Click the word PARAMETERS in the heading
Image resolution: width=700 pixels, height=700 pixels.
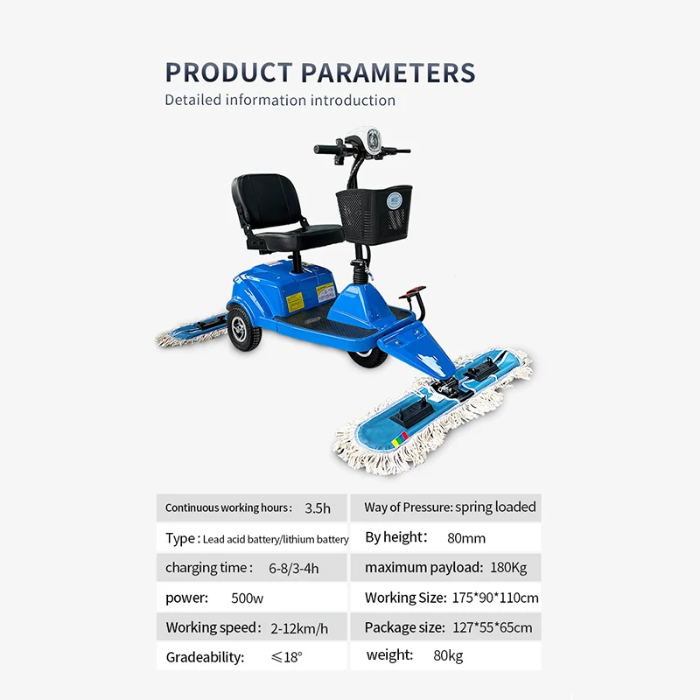coord(388,73)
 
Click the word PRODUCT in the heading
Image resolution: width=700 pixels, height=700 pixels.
coord(228,73)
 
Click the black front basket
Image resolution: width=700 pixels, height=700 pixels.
coord(374,214)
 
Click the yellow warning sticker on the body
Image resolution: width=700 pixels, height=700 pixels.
coord(295,301)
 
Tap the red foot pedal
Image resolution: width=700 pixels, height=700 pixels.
coord(412,292)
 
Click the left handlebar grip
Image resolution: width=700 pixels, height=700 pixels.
coord(325,149)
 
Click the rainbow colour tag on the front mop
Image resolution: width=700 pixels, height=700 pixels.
coord(400,439)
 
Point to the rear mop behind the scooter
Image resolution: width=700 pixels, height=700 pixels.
coord(192,332)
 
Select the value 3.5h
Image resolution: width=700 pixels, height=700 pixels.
coord(318,508)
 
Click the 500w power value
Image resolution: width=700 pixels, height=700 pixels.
coord(248,598)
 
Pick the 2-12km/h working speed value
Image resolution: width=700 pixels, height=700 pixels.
coord(299,628)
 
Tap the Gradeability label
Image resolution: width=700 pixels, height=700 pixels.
coord(205,657)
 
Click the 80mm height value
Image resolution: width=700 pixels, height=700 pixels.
coord(466,538)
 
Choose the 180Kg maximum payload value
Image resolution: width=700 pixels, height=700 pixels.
coord(508,568)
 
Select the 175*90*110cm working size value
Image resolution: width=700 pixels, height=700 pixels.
coord(495,598)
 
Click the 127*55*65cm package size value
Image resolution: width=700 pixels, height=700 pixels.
coord(493,627)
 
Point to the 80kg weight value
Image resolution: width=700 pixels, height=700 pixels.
coord(448,655)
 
